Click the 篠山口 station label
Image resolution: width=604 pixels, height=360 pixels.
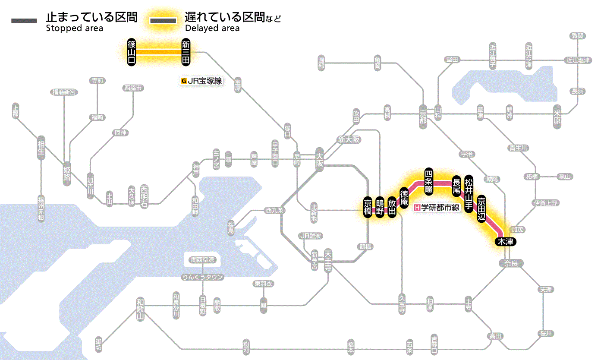(x=132, y=52)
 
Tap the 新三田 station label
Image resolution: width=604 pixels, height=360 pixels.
(x=186, y=52)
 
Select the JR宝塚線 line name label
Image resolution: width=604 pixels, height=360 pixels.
(x=202, y=81)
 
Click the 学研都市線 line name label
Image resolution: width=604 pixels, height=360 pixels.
(x=437, y=208)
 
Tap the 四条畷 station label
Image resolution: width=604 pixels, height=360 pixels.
(x=428, y=180)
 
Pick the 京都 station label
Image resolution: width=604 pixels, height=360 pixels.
(x=423, y=117)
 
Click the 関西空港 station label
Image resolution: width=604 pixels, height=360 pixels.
(x=203, y=260)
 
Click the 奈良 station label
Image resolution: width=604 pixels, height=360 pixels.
(x=511, y=263)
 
